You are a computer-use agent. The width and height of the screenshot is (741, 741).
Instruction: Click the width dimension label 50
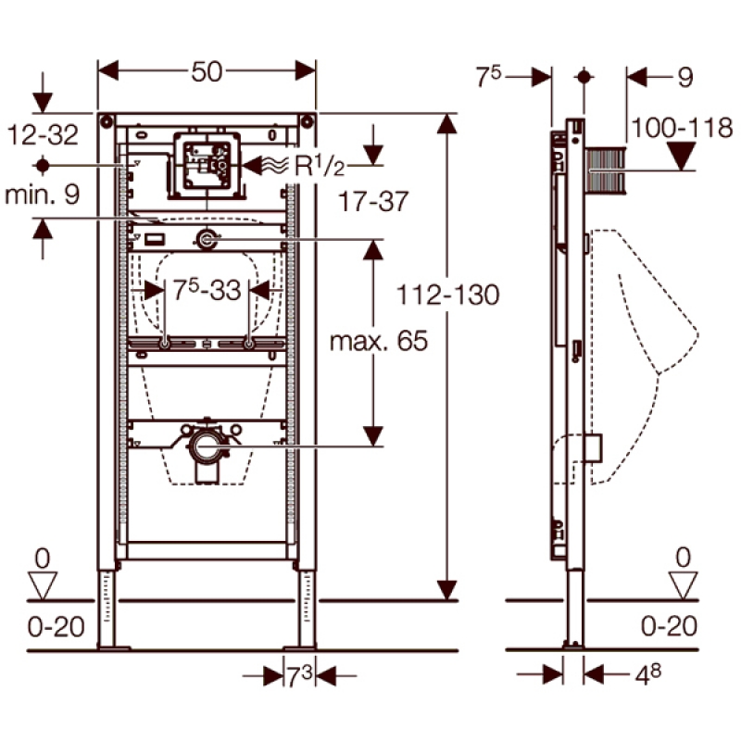208,71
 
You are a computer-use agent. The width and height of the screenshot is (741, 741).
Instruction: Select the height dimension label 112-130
448,295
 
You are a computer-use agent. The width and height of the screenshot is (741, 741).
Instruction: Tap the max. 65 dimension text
380,341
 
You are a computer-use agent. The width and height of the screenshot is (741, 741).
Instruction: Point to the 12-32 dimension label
44,135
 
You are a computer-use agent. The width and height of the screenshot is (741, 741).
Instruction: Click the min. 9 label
43,195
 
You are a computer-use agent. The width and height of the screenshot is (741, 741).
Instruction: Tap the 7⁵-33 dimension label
205,290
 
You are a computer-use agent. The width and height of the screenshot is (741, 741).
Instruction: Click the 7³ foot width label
299,677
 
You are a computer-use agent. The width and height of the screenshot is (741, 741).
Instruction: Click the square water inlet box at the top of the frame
207,167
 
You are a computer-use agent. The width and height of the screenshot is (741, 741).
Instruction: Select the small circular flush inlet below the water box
206,240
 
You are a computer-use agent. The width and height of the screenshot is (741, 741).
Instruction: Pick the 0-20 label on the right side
669,626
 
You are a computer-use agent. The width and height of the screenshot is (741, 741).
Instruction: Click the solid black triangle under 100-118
683,158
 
